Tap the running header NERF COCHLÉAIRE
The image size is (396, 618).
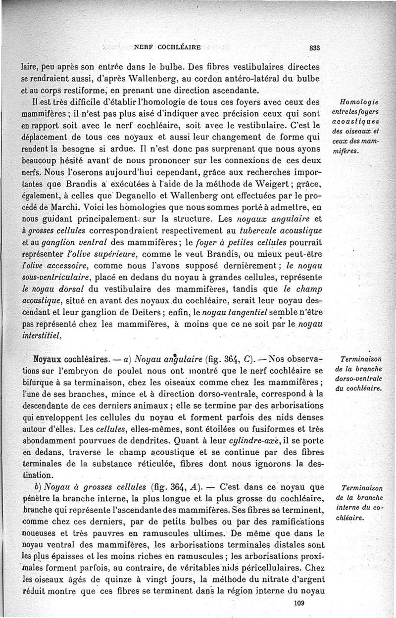[x=167, y=48]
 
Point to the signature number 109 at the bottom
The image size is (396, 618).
[x=298, y=603]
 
